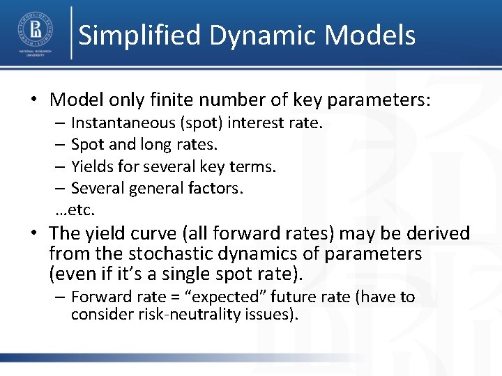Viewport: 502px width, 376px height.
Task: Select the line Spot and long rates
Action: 144,145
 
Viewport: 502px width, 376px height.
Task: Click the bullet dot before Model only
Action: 34,100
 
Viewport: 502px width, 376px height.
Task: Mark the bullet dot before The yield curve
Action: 34,233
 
